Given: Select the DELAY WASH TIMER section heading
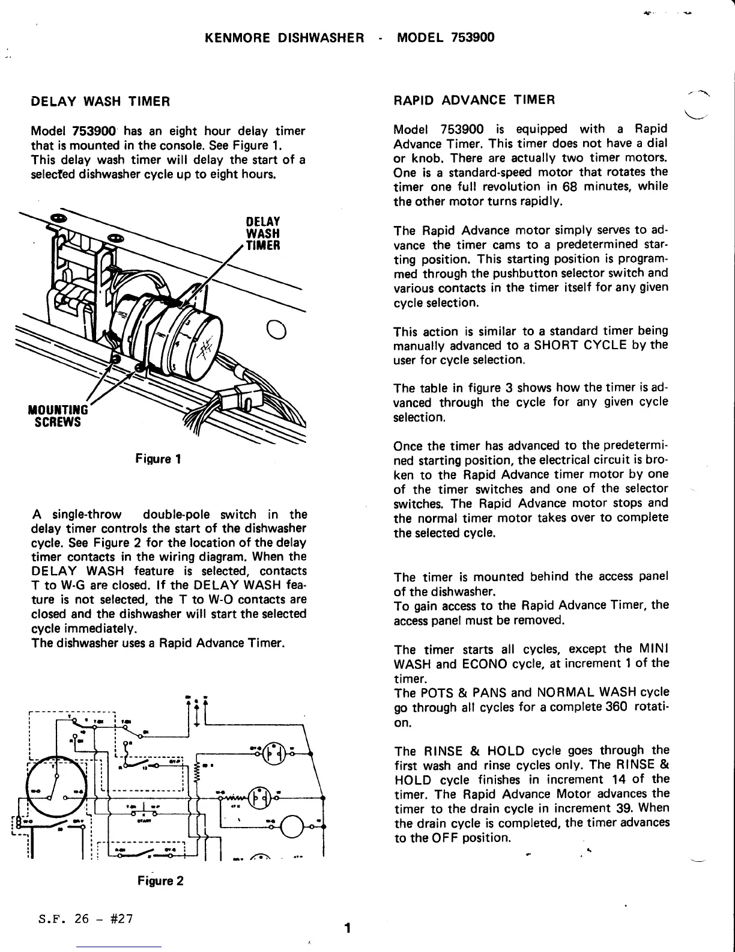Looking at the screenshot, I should pyautogui.click(x=100, y=102).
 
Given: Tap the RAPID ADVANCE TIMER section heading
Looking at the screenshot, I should pyautogui.click(x=474, y=100).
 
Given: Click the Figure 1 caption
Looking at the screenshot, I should pyautogui.click(x=159, y=460).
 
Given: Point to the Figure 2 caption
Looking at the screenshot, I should pyautogui.click(x=160, y=881).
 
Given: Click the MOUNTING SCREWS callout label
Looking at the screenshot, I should pyautogui.click(x=58, y=415).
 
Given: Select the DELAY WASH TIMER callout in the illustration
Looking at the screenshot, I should pyautogui.click(x=263, y=233).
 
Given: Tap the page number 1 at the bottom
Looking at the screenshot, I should pyautogui.click(x=347, y=927).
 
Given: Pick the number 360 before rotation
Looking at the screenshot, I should pyautogui.click(x=617, y=707).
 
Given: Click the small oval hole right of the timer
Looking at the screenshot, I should pyautogui.click(x=278, y=330).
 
